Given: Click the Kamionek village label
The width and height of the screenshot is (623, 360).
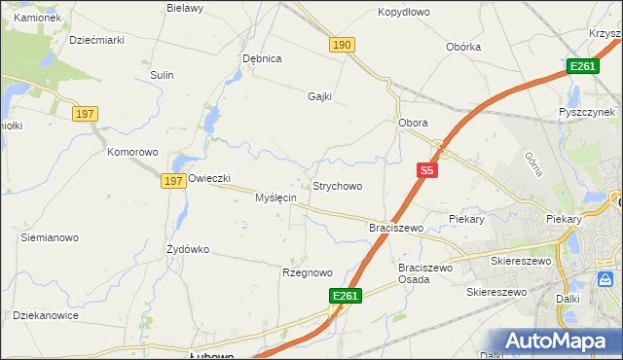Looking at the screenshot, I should (x=38, y=18).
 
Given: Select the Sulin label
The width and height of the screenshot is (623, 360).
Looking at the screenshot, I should (x=162, y=75).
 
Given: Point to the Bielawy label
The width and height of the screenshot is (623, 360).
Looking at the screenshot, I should (x=185, y=8).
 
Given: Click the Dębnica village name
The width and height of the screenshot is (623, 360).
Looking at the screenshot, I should (x=262, y=58).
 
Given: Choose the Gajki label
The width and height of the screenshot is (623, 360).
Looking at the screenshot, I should (x=319, y=96).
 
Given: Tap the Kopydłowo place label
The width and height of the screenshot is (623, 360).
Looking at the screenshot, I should (x=404, y=13).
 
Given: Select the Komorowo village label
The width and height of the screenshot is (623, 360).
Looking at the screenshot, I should (x=132, y=152).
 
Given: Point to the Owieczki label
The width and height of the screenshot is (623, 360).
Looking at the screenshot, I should (x=208, y=178).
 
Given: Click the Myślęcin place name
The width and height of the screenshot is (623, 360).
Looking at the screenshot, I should (x=275, y=198).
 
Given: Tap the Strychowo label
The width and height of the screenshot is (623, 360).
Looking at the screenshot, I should (x=337, y=186).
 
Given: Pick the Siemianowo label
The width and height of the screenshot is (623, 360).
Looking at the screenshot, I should (x=49, y=237).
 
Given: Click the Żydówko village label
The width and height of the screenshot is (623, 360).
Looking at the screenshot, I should (x=188, y=249).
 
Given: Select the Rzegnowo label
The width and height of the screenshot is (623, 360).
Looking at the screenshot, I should (x=308, y=273).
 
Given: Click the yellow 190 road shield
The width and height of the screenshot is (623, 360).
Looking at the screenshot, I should (x=342, y=45).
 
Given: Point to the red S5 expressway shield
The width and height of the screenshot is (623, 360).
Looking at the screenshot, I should (x=426, y=170).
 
